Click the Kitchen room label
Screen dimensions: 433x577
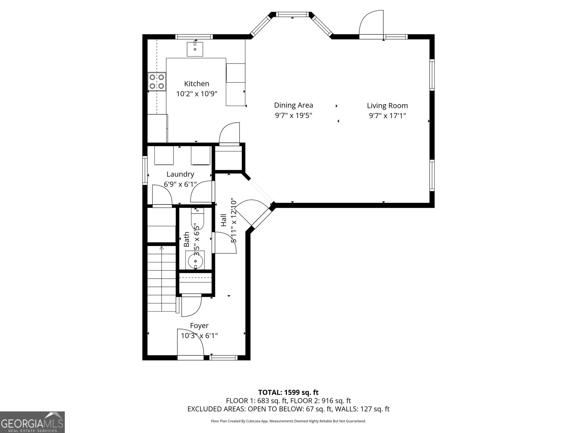coord(197,84)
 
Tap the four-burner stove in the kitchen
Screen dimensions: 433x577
coord(157,82)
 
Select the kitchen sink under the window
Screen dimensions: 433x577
coord(195,49)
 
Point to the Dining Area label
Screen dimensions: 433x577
coord(294,105)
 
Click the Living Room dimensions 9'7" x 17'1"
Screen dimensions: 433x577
coord(387,116)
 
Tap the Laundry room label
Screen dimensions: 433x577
coord(180,174)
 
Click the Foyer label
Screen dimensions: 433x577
coord(199,326)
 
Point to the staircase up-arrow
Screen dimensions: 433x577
coord(162,248)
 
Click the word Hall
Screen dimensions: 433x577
coord(224,220)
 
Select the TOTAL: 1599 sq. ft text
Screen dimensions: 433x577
coord(288,392)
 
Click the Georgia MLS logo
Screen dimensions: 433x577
coord(32,422)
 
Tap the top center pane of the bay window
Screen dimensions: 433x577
coord(293,15)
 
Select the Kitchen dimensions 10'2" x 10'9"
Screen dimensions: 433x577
coord(197,94)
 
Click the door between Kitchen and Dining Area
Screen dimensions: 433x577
coord(229,134)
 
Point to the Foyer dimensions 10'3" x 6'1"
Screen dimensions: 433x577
coord(199,336)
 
